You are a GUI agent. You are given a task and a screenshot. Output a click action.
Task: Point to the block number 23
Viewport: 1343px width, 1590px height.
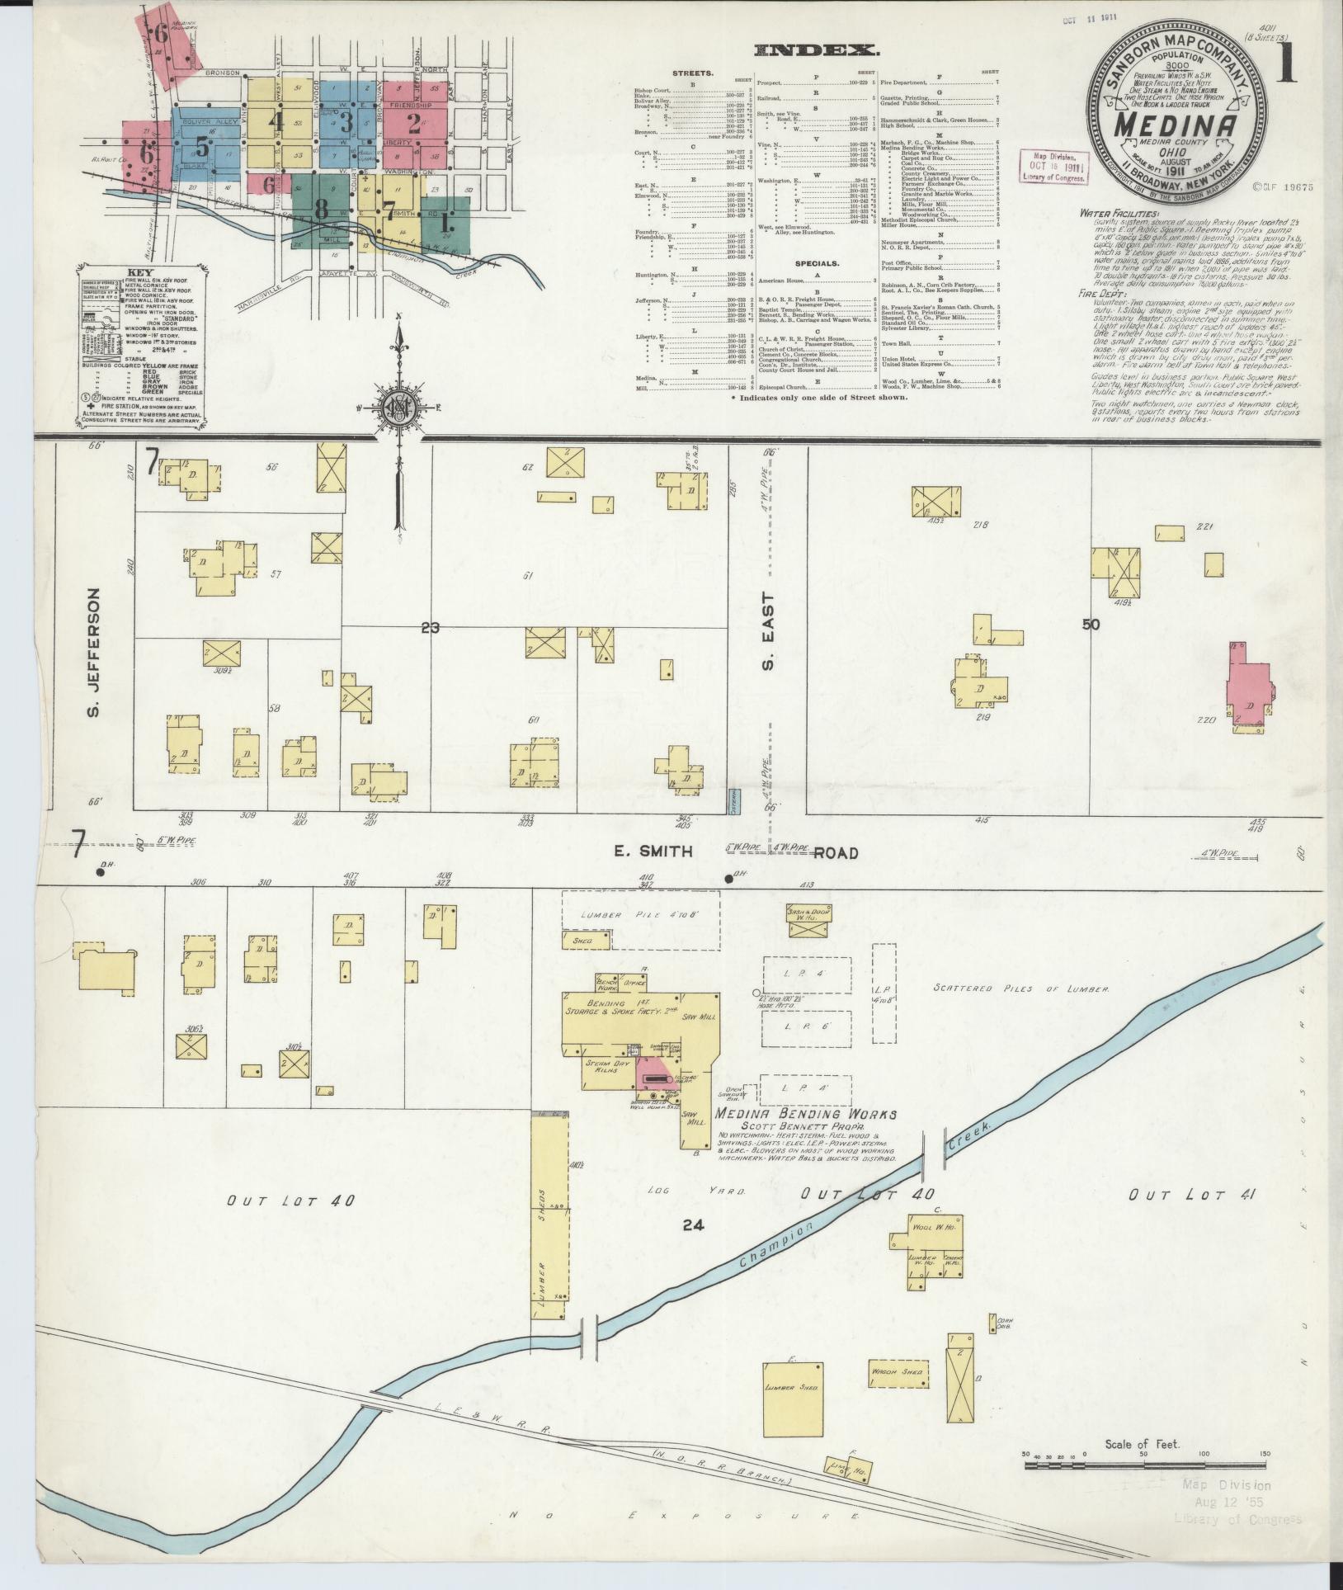(430, 628)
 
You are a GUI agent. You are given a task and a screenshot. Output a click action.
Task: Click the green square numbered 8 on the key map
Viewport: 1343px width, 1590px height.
(319, 210)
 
